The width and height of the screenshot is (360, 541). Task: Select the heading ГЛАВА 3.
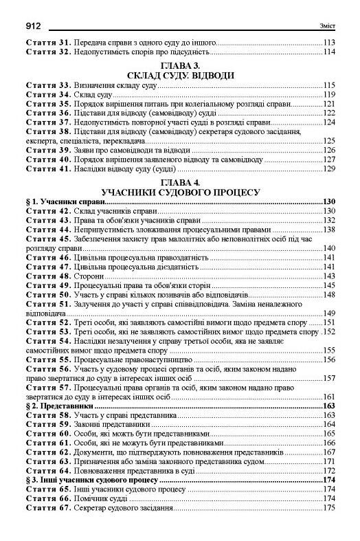(179, 65)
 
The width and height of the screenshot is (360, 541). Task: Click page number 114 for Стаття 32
(328, 52)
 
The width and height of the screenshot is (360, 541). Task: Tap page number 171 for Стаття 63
(328, 462)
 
